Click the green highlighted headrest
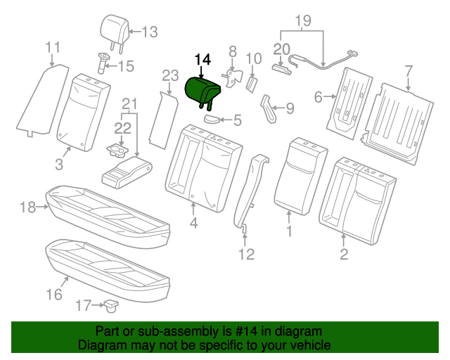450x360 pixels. [202, 90]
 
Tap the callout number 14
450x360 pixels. [202, 61]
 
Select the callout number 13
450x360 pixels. [150, 32]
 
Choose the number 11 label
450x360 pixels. [53, 48]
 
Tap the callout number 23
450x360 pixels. [171, 76]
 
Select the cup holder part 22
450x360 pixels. [116, 148]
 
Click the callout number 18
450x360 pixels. [27, 207]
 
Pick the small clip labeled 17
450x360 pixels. [111, 305]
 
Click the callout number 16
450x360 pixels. [54, 294]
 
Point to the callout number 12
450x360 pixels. [245, 253]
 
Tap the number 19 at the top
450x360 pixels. [302, 20]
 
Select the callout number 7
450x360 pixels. [408, 70]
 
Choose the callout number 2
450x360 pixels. [344, 254]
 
